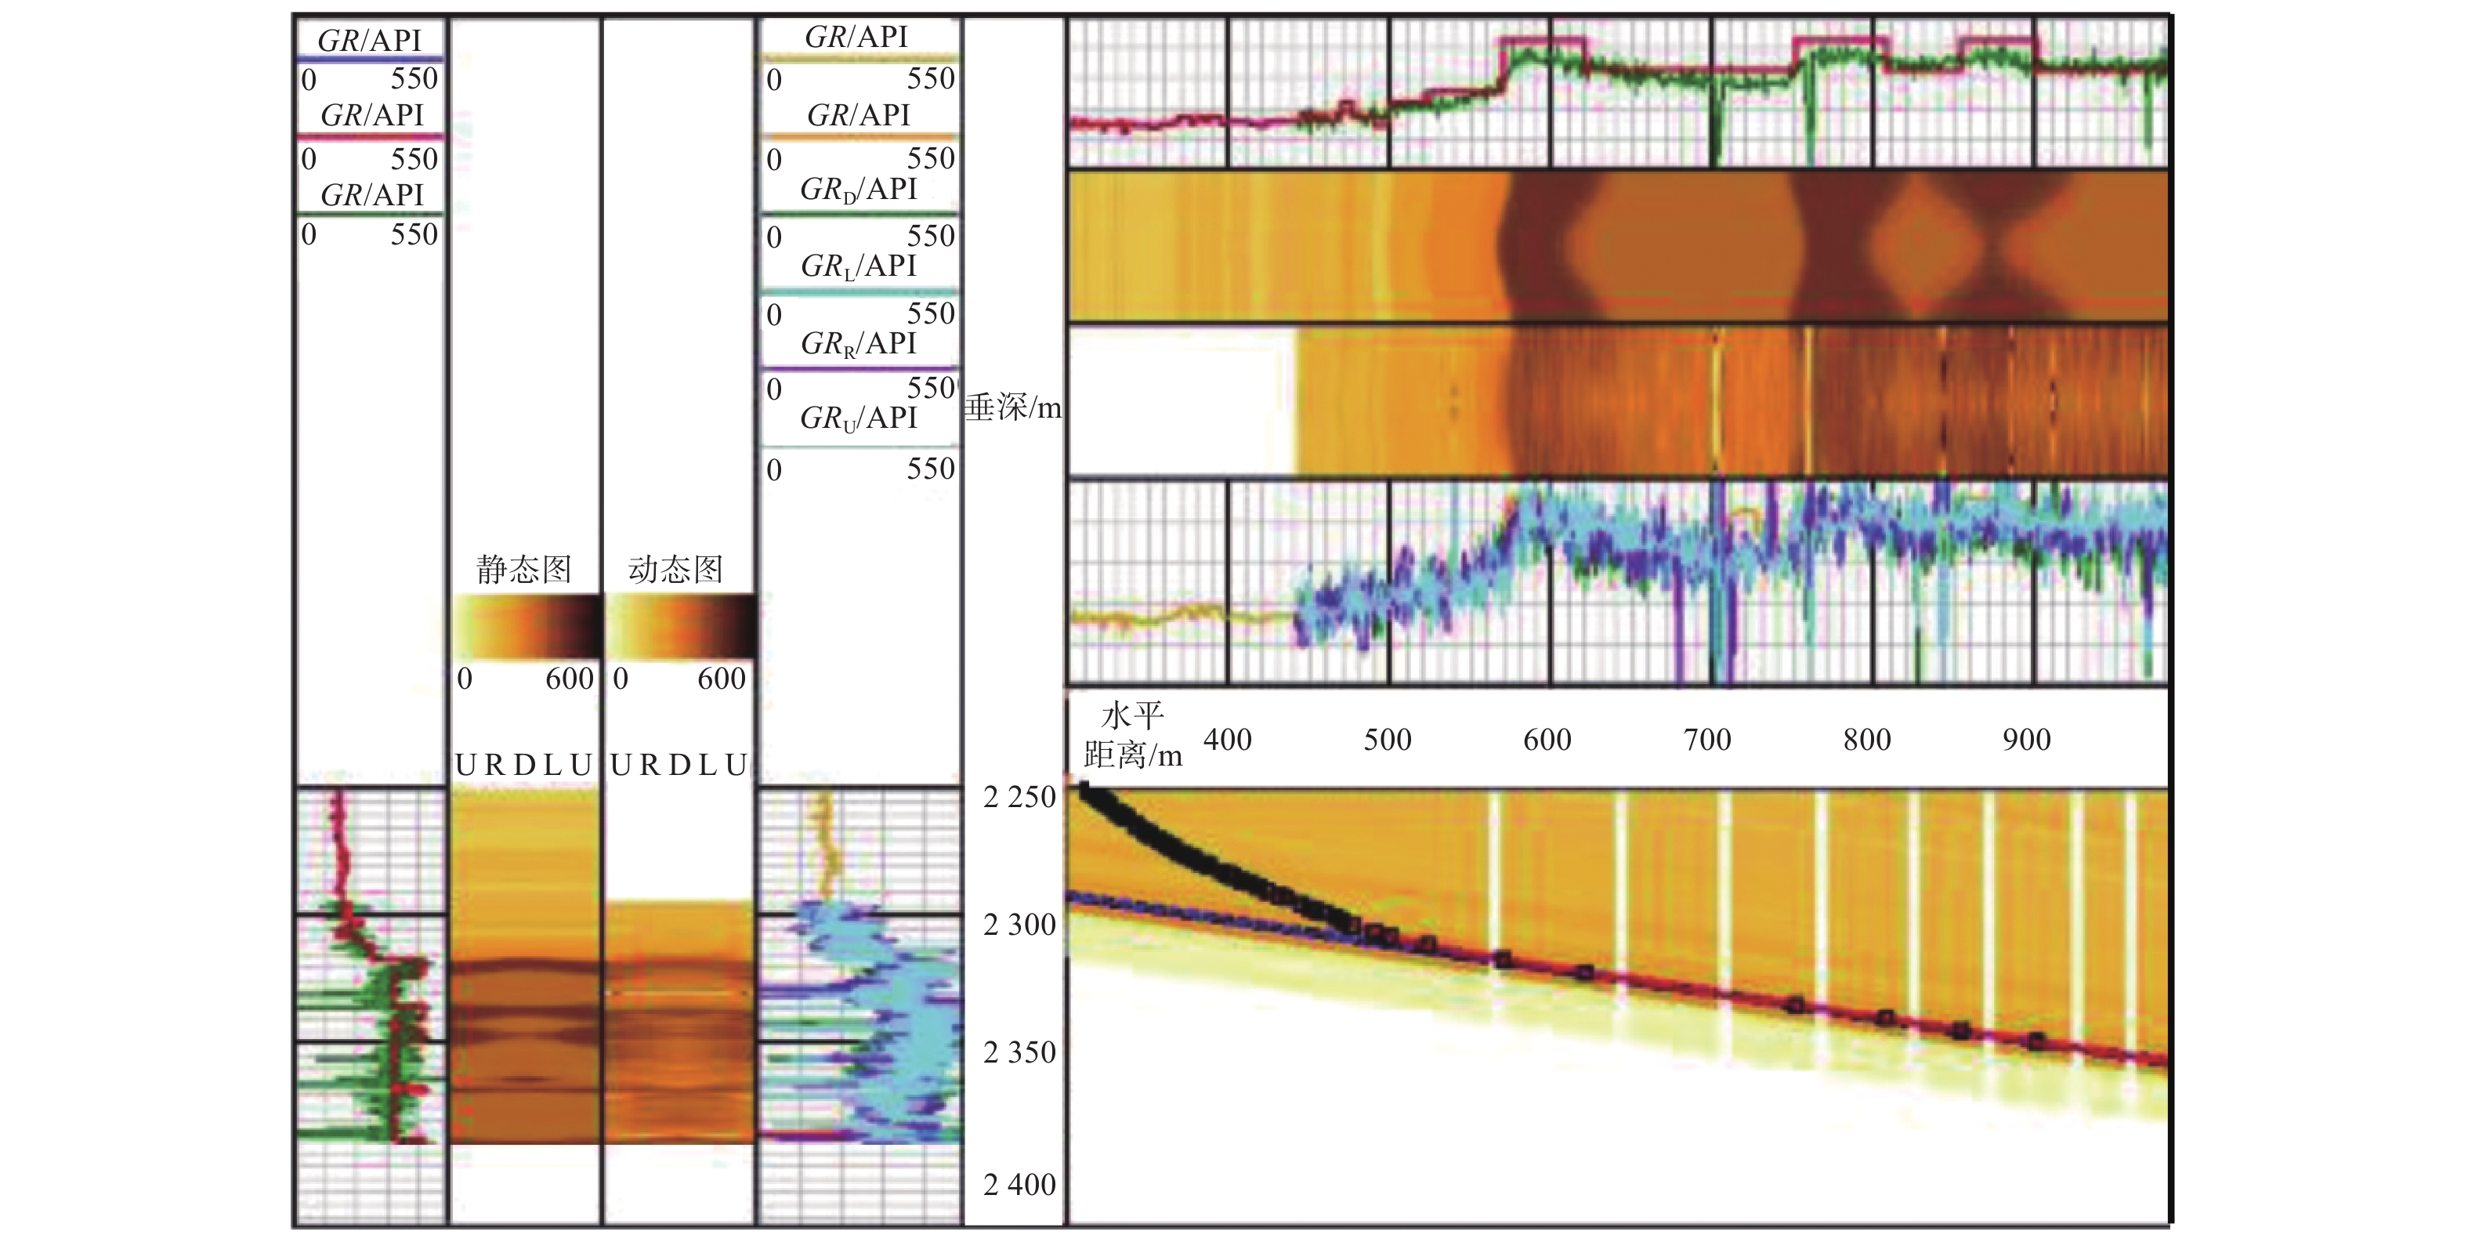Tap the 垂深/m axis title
click(1013, 408)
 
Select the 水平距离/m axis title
click(1132, 735)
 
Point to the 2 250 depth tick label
click(1019, 796)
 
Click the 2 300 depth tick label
click(1019, 925)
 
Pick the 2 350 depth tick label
click(1019, 1052)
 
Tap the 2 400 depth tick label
click(1019, 1185)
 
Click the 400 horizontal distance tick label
click(1227, 740)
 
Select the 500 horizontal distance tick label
click(1388, 740)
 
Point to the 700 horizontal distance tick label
click(1707, 740)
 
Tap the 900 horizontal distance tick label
click(2026, 740)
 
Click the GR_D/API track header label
click(859, 190)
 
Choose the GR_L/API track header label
click(859, 266)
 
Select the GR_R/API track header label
click(859, 343)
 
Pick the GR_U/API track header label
click(859, 418)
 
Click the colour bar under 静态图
click(525, 627)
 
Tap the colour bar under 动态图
click(679, 627)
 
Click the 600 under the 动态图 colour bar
click(722, 679)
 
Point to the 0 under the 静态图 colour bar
click(465, 679)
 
